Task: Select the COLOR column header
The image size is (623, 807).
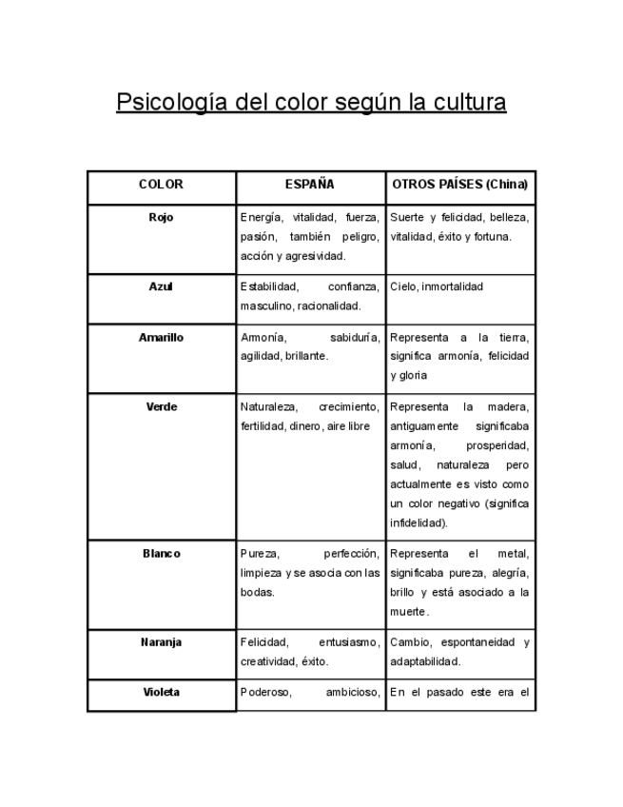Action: [x=161, y=185]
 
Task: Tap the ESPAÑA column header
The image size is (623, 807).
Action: [x=310, y=185]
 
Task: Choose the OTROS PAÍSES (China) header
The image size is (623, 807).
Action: [x=459, y=185]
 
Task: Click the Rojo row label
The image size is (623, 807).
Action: [x=161, y=217]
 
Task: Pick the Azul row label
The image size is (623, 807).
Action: [x=161, y=286]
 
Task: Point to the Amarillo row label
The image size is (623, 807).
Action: [x=161, y=337]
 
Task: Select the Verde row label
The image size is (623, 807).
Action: [x=161, y=406]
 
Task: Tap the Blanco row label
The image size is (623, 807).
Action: [x=161, y=553]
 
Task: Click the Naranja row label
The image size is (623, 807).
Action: [x=161, y=641]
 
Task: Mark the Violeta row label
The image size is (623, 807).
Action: [x=161, y=692]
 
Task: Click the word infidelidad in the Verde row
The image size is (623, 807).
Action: [x=419, y=523]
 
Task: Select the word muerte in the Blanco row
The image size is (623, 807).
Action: [x=408, y=612]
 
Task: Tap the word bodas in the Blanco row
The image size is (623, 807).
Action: [x=257, y=592]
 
